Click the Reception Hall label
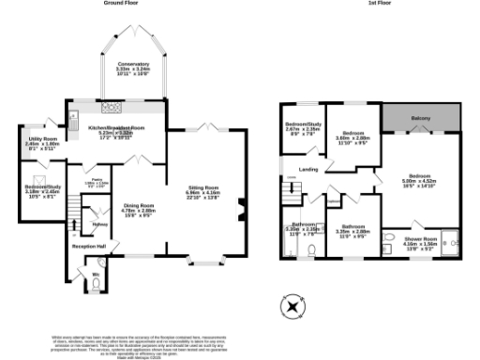[x=90, y=247]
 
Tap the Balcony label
[x=421, y=117]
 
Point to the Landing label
[x=308, y=169]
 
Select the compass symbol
[x=292, y=307]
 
